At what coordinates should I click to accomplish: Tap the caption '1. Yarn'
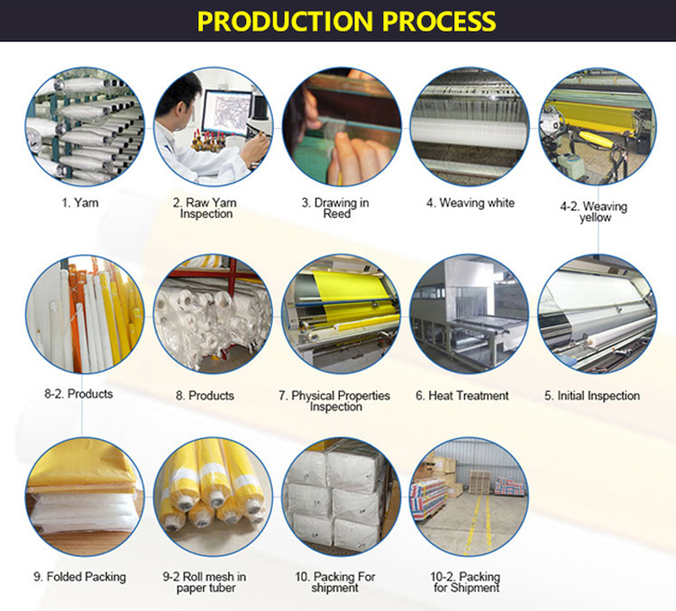pyautogui.click(x=80, y=203)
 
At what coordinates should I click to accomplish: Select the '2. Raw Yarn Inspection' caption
pyautogui.click(x=206, y=208)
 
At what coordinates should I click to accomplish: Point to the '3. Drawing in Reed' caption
pyautogui.click(x=335, y=208)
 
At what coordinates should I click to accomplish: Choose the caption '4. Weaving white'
pyautogui.click(x=470, y=203)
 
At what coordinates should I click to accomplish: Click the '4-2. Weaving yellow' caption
pyautogui.click(x=593, y=212)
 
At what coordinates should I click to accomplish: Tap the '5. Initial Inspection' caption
pyautogui.click(x=592, y=396)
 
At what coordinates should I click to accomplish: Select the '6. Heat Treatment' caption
pyautogui.click(x=462, y=396)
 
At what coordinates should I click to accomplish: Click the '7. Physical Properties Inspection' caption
pyautogui.click(x=335, y=401)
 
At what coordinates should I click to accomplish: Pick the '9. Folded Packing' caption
pyautogui.click(x=80, y=577)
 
